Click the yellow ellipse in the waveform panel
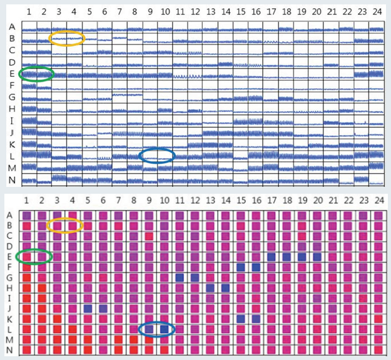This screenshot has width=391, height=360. point(66,39)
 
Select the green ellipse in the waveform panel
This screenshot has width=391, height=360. point(36,74)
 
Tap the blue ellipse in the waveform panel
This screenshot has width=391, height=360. point(157,156)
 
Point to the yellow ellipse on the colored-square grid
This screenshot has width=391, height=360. point(65,224)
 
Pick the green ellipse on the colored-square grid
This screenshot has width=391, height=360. point(34,256)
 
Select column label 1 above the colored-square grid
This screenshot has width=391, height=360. point(26,200)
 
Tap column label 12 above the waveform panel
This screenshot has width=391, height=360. point(195,12)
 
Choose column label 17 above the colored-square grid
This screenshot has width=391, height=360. point(271,200)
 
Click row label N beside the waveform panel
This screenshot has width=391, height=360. point(12,181)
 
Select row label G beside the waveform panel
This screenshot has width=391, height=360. point(12,97)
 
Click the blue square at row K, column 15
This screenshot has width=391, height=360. point(241,318)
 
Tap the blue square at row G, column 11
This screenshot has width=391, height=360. point(180,277)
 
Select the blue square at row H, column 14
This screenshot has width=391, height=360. point(225,287)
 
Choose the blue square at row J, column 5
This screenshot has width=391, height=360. point(88,308)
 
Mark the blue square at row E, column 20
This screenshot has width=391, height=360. point(317,256)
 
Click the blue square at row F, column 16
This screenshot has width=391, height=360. point(256,267)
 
